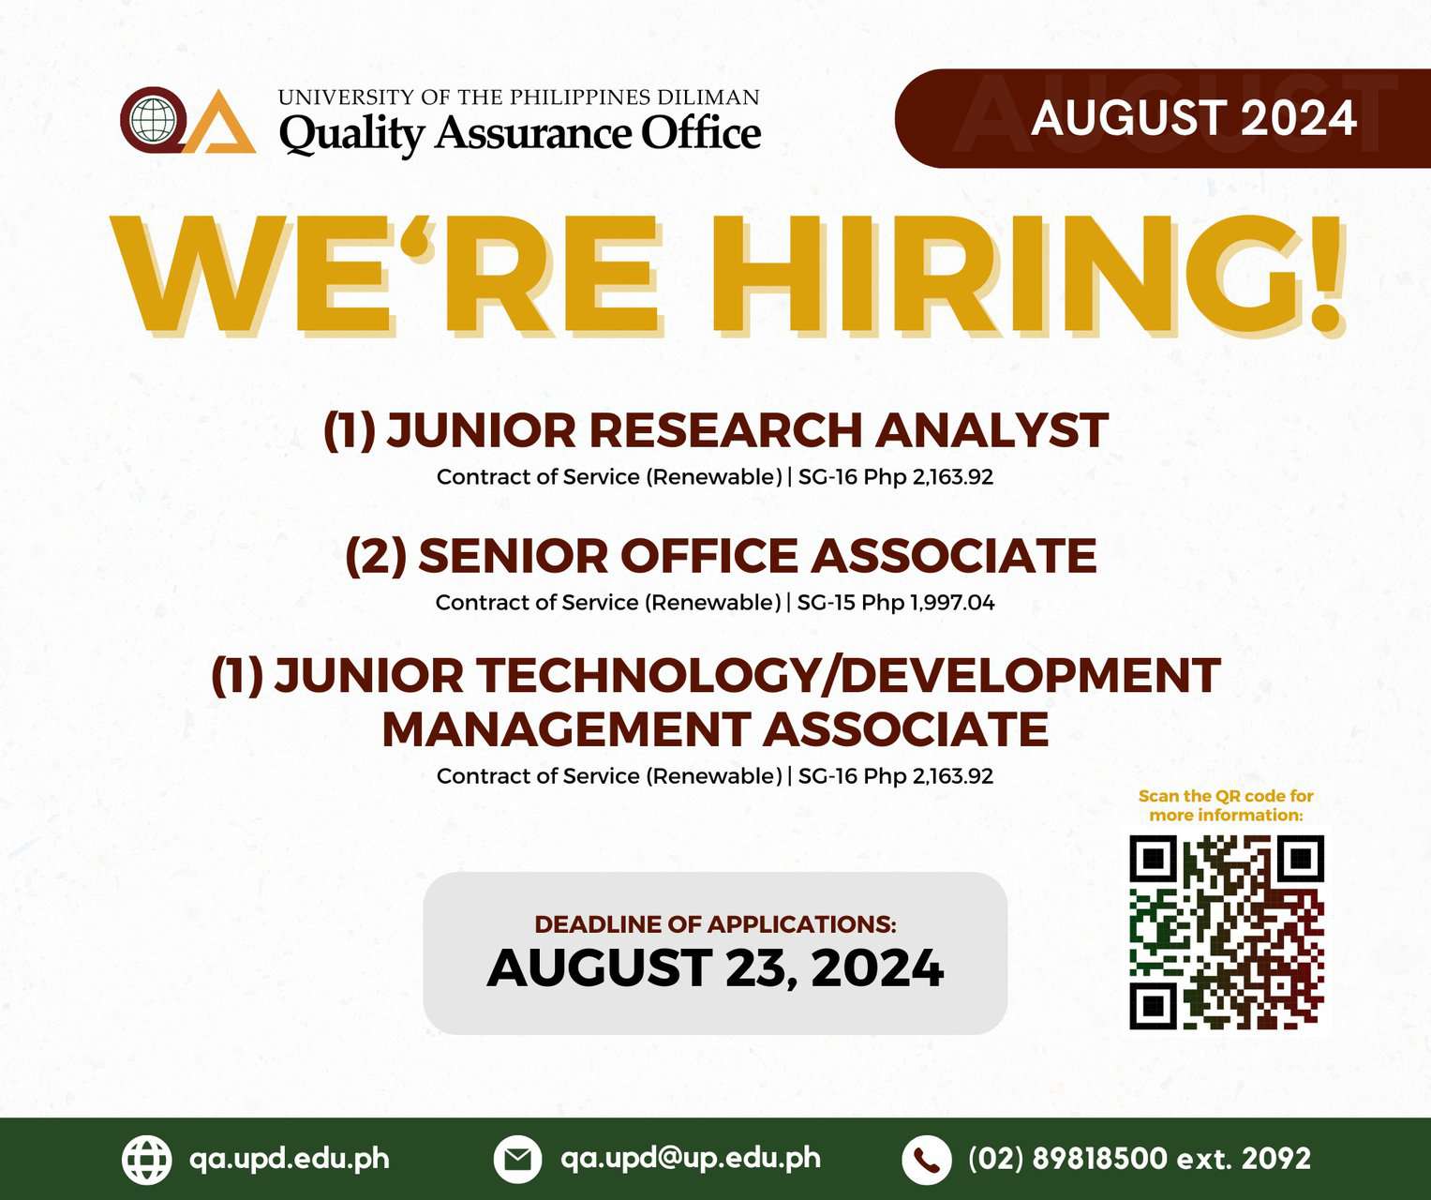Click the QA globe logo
click(187, 120)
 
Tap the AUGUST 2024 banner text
click(1194, 118)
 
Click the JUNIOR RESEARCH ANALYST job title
click(715, 430)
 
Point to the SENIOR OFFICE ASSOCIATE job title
click(721, 555)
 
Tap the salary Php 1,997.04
click(928, 603)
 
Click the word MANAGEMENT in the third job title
click(565, 729)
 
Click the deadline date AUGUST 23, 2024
click(716, 967)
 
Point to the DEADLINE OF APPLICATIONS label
click(716, 924)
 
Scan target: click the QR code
click(1226, 933)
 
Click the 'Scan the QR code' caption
click(1226, 805)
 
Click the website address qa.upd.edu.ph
click(290, 1159)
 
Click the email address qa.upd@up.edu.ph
click(690, 1158)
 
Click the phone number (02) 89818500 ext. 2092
click(1139, 1159)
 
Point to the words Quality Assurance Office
click(520, 133)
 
